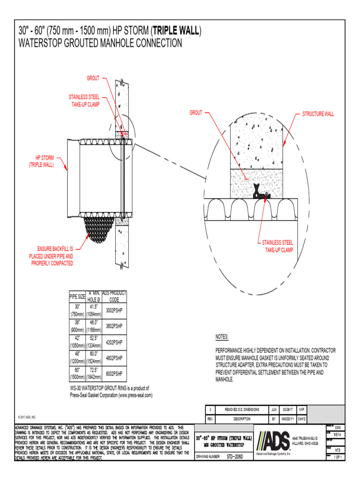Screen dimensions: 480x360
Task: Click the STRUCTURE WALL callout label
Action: tap(318, 114)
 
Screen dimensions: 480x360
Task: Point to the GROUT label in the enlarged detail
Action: tap(195, 113)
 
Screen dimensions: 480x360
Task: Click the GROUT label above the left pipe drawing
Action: tap(92, 78)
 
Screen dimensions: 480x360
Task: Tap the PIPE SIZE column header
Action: tap(77, 297)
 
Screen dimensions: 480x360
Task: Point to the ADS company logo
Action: tap(273, 441)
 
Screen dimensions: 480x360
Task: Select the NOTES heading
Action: tap(222, 337)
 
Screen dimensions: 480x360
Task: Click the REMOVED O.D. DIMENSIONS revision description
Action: tap(242, 409)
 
